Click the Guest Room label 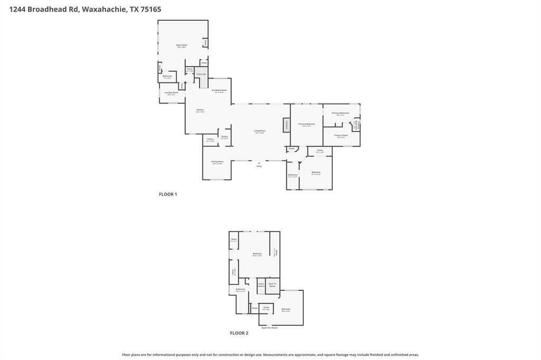click(x=181, y=45)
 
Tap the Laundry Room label click(x=171, y=93)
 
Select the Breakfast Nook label click(x=219, y=91)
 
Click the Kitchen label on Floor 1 click(x=200, y=110)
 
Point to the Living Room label click(x=259, y=131)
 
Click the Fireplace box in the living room click(x=286, y=125)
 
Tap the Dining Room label click(x=217, y=162)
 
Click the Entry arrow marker click(x=259, y=164)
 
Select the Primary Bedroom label click(x=306, y=125)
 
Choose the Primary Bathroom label click(x=341, y=113)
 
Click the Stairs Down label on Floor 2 click(x=261, y=285)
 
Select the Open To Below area click(x=272, y=285)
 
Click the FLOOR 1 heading click(x=168, y=194)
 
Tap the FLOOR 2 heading click(x=239, y=333)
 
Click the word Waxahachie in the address click(x=104, y=9)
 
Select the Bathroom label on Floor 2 click(x=240, y=289)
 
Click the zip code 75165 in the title click(x=151, y=9)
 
